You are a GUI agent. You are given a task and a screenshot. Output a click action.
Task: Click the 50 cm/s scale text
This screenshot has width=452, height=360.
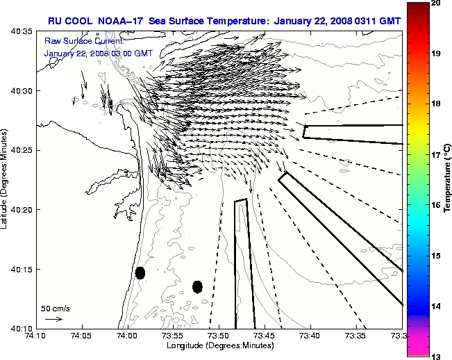pos(55,308)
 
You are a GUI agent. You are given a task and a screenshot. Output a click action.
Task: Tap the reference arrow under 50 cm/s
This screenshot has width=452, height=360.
pos(53,319)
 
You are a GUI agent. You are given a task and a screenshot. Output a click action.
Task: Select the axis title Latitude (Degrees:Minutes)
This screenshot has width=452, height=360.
pos(6,179)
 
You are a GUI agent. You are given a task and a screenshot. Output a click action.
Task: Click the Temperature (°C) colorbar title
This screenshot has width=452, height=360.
pos(448,179)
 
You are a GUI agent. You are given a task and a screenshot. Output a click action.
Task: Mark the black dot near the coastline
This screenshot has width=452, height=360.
pos(140,272)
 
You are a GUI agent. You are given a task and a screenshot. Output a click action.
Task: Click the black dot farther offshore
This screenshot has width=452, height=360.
pos(197,286)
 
